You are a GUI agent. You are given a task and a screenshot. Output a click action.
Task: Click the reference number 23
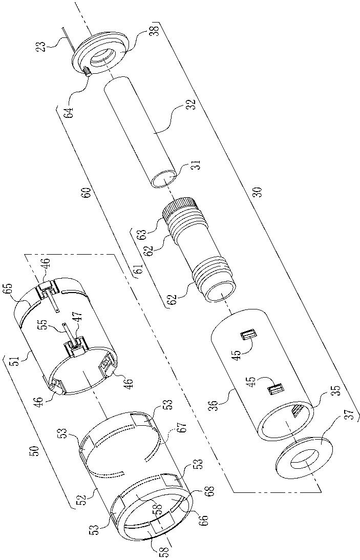point(43,47)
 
